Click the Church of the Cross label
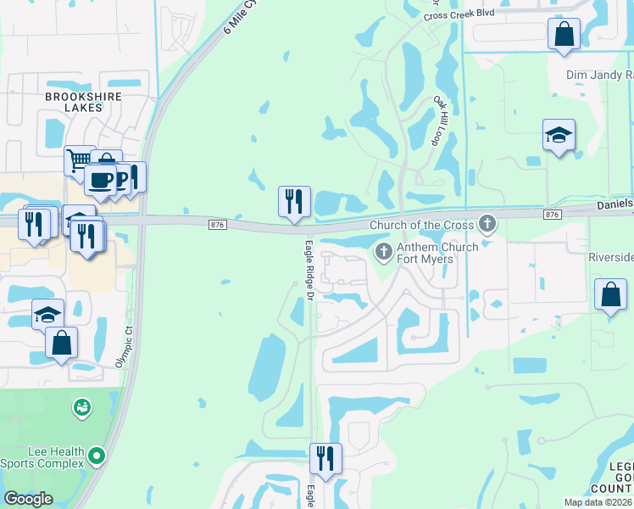[422, 225]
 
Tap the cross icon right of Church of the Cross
[487, 224]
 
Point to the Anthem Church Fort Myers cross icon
[383, 250]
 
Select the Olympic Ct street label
[125, 347]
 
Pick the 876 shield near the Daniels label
[553, 215]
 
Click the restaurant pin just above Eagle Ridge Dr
[294, 202]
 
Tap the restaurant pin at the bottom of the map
[325, 459]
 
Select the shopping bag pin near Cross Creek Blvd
[564, 34]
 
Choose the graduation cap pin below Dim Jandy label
[559, 135]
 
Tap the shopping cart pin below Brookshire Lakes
[80, 159]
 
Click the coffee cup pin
[100, 181]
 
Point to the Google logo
[28, 499]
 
